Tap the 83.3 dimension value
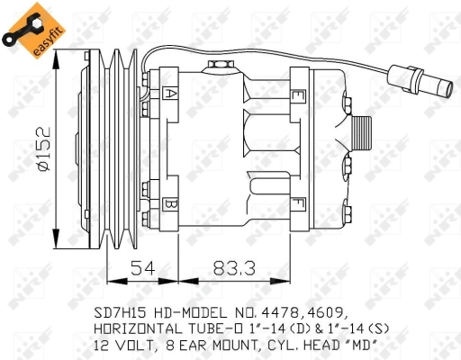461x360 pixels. (x=231, y=267)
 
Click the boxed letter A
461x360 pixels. (x=170, y=92)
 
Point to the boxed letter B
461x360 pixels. (x=170, y=203)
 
